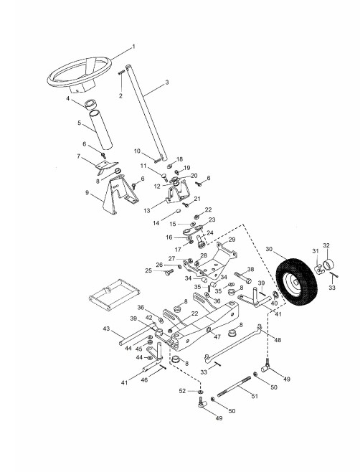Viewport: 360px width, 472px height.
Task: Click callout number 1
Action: point(133,47)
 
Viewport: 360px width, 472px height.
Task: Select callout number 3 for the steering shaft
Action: point(167,82)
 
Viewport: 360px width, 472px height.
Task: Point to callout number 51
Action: point(255,396)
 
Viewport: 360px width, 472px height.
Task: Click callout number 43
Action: point(106,329)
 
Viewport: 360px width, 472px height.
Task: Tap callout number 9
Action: point(87,192)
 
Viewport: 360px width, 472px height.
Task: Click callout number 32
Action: point(326,245)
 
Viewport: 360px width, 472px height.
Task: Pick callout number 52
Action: point(182,391)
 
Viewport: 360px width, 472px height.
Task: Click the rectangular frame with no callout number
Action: point(90,298)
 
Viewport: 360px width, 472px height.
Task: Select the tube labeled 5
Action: point(101,130)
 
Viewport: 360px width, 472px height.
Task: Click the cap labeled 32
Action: point(328,265)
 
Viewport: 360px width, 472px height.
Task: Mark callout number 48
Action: point(278,339)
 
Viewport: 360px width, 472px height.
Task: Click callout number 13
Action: point(146,211)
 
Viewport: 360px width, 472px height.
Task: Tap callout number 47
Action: point(217,336)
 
